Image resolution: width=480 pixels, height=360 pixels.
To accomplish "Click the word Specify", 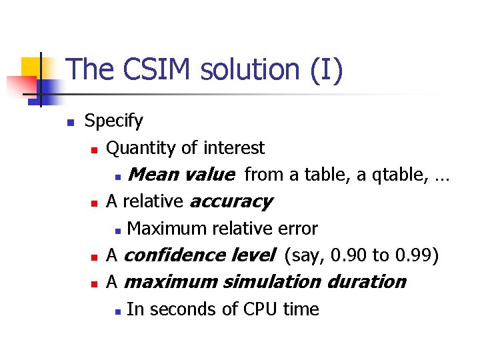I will tap(113, 121).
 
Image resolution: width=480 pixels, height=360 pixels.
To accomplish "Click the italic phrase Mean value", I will tap(181, 175).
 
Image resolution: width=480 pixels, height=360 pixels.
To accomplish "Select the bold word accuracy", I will tap(231, 201).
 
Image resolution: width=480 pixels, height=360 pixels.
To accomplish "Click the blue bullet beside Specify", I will tap(69, 123).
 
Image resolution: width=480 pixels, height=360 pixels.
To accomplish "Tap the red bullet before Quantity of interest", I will tap(95, 149).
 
